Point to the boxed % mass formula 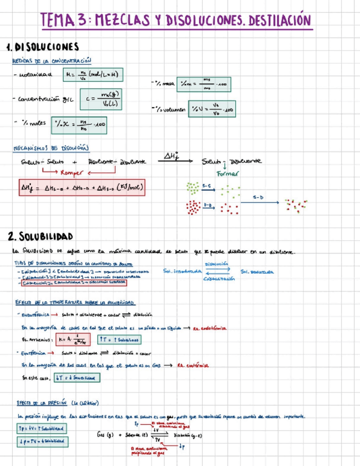click(x=209, y=84)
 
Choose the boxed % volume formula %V click(x=212, y=109)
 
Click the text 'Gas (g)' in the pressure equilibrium click(x=104, y=434)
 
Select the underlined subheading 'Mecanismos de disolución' click(x=50, y=147)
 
